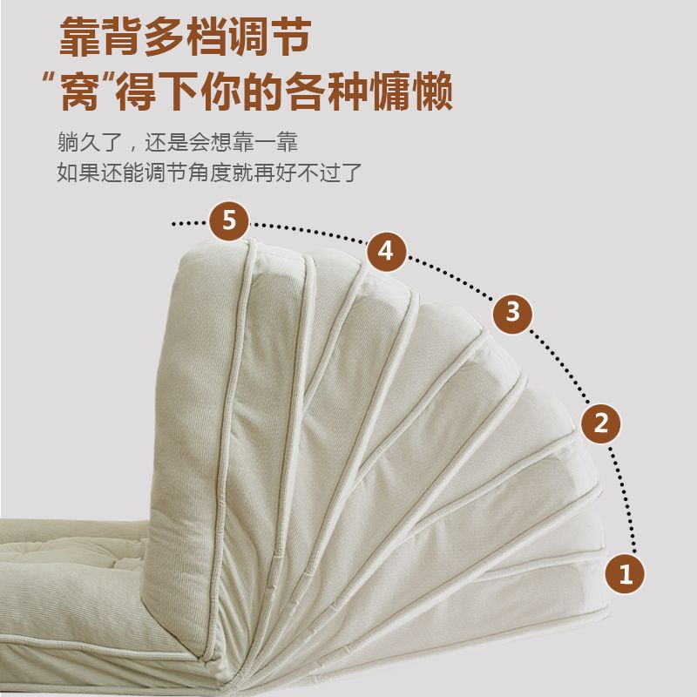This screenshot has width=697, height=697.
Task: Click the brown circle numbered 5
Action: [x=229, y=221]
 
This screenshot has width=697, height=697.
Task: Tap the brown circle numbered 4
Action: [x=386, y=252]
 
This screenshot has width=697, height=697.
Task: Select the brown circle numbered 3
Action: [x=512, y=313]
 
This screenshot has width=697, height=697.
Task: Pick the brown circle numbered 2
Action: [x=601, y=423]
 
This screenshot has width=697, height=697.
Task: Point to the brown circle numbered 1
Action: [x=626, y=574]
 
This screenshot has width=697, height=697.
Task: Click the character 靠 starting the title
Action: [x=78, y=37]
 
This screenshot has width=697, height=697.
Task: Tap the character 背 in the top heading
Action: [x=121, y=37]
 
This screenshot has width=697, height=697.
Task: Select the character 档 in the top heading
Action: [x=206, y=37]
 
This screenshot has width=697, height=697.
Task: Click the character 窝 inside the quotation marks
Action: [x=80, y=91]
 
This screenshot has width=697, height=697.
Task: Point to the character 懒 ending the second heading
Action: [x=431, y=91]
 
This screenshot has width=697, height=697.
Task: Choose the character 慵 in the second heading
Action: [x=389, y=91]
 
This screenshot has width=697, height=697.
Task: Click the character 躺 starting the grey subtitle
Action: [x=68, y=142]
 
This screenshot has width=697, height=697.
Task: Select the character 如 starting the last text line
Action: [x=68, y=173]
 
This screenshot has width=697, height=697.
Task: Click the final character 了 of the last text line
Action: [x=352, y=173]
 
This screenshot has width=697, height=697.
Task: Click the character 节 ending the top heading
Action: [x=291, y=37]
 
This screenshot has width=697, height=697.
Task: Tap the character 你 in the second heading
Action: [x=220, y=91]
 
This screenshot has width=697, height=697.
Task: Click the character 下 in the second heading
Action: [x=179, y=91]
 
